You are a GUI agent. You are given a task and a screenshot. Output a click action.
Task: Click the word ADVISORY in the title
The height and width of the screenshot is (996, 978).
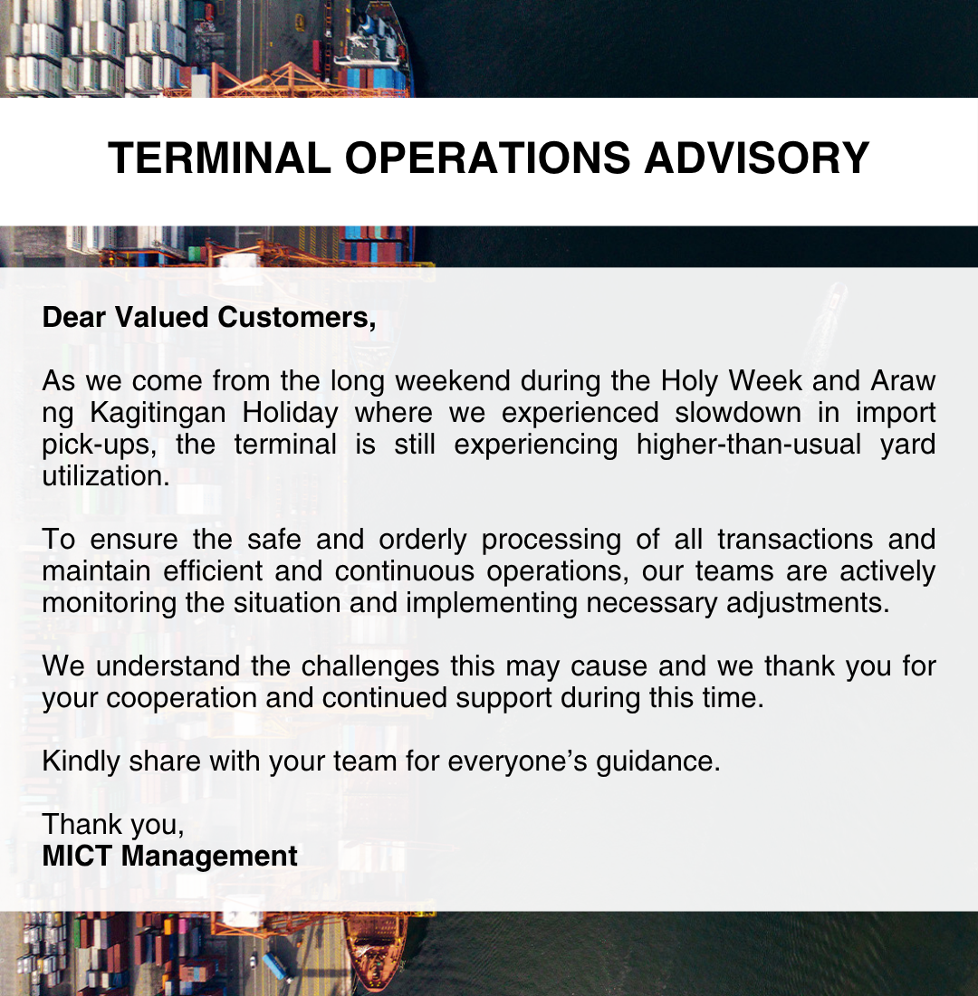pos(756,158)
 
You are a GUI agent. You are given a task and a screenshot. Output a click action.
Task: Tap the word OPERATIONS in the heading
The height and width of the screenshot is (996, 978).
pos(487,158)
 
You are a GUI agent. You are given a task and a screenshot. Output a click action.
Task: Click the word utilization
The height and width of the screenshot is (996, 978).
pos(106,476)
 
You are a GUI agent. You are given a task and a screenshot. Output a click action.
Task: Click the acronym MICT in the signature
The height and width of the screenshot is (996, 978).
pos(76,856)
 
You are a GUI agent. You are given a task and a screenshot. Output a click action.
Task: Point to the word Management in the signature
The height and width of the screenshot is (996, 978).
pos(210,856)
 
